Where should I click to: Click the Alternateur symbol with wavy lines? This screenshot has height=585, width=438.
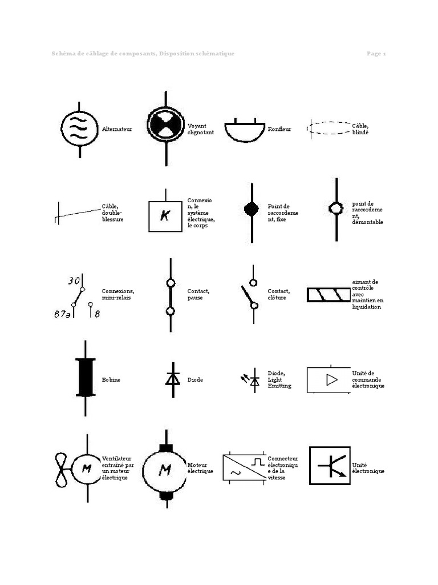(79, 129)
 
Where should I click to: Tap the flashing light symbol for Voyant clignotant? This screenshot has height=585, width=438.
(166, 124)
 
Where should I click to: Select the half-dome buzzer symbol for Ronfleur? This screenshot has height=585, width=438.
(245, 132)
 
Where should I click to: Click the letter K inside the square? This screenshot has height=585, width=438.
(165, 217)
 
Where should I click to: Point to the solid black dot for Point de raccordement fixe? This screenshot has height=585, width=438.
(251, 209)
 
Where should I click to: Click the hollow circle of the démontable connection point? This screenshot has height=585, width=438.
(336, 208)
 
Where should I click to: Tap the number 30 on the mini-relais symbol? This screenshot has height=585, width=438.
(74, 281)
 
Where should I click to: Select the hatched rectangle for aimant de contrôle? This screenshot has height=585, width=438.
(328, 295)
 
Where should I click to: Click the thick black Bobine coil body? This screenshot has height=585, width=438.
(86, 376)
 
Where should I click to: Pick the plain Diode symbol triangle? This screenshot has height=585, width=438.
(173, 379)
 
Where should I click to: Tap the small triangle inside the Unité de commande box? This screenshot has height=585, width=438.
(331, 380)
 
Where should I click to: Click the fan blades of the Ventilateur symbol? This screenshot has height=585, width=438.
(62, 470)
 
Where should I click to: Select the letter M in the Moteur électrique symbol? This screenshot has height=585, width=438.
(165, 470)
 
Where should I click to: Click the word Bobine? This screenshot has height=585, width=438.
(111, 379)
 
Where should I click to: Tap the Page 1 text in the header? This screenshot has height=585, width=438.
(376, 54)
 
